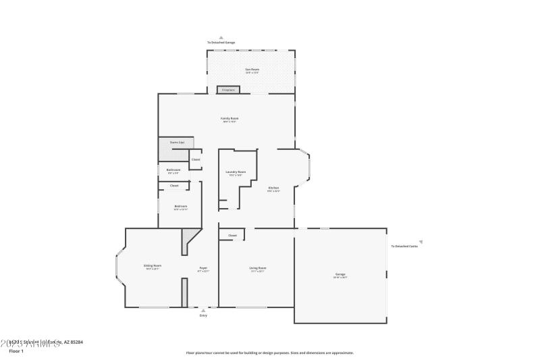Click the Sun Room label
click(252, 70)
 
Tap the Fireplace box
click(227, 89)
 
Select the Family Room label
click(230, 119)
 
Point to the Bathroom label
click(173, 170)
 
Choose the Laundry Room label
click(236, 172)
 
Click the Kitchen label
click(273, 188)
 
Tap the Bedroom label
click(181, 207)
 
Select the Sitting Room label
click(153, 266)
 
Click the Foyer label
click(203, 269)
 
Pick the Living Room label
click(258, 269)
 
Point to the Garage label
click(340, 275)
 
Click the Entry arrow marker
click(203, 311)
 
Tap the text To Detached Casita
click(404, 246)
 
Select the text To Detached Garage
click(221, 43)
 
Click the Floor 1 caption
click(16, 351)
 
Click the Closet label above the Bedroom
click(174, 185)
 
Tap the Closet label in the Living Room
click(232, 235)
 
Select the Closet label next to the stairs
click(196, 159)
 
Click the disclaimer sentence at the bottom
click(269, 353)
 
